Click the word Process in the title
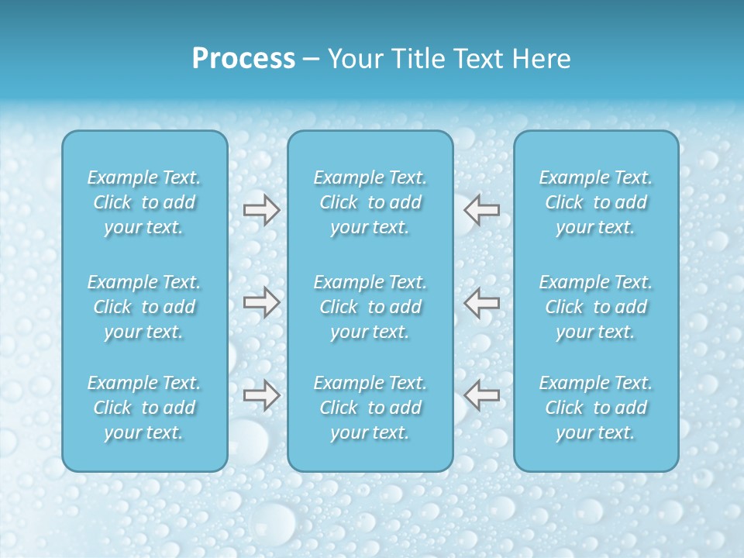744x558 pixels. pyautogui.click(x=243, y=59)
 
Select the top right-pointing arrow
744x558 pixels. pyautogui.click(x=262, y=210)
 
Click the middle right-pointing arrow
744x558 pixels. pyautogui.click(x=262, y=302)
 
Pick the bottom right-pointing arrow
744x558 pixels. pyautogui.click(x=262, y=395)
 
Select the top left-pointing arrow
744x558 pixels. pyautogui.click(x=482, y=210)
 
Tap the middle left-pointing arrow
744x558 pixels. pyautogui.click(x=482, y=302)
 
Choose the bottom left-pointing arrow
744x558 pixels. pyautogui.click(x=482, y=395)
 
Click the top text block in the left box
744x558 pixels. pyautogui.click(x=144, y=202)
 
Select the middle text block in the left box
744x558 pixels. pyautogui.click(x=144, y=307)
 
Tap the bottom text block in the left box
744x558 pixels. pyautogui.click(x=144, y=408)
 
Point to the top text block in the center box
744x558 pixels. pyautogui.click(x=370, y=202)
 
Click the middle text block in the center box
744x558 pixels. pyautogui.click(x=370, y=307)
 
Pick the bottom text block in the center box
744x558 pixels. pyautogui.click(x=370, y=408)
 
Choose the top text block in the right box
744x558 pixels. pyautogui.click(x=596, y=202)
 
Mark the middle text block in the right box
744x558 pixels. pyautogui.click(x=596, y=307)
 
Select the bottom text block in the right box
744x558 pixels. pyautogui.click(x=596, y=408)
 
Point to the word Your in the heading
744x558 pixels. pyautogui.click(x=353, y=59)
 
